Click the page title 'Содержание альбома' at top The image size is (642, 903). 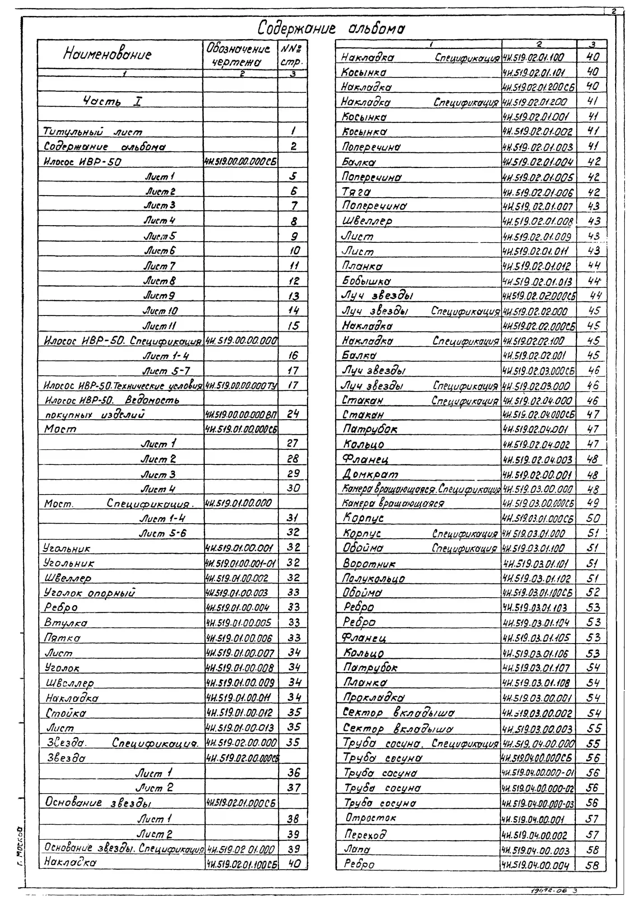(x=331, y=28)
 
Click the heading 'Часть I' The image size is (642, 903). (x=113, y=102)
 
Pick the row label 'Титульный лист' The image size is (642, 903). (x=93, y=131)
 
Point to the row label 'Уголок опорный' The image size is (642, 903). (x=89, y=593)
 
